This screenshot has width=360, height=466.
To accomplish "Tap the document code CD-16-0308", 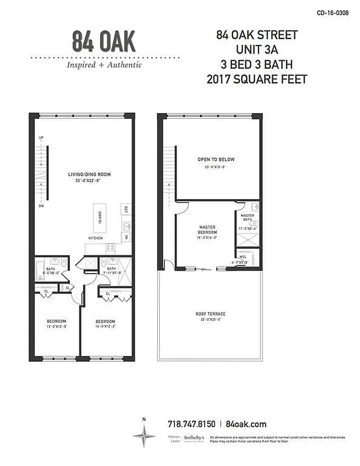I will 332,12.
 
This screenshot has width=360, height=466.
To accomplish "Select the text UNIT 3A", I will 256,50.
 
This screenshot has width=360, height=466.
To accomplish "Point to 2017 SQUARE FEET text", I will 256,79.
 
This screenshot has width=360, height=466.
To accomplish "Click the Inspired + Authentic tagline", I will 104,65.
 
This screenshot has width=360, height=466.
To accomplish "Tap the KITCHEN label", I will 96,238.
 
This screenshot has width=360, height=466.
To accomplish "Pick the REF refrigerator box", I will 125,209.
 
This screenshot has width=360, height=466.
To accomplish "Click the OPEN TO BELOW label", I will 216,159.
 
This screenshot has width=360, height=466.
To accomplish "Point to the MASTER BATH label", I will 248,217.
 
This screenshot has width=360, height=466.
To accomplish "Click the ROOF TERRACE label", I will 210,314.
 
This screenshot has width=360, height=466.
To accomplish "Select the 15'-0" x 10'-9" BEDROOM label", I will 57,322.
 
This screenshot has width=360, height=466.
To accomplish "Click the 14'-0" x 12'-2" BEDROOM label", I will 105,322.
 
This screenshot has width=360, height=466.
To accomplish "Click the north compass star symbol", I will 143,436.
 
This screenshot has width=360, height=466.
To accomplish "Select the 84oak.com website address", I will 246,424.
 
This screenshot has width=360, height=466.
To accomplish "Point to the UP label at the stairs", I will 41,138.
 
